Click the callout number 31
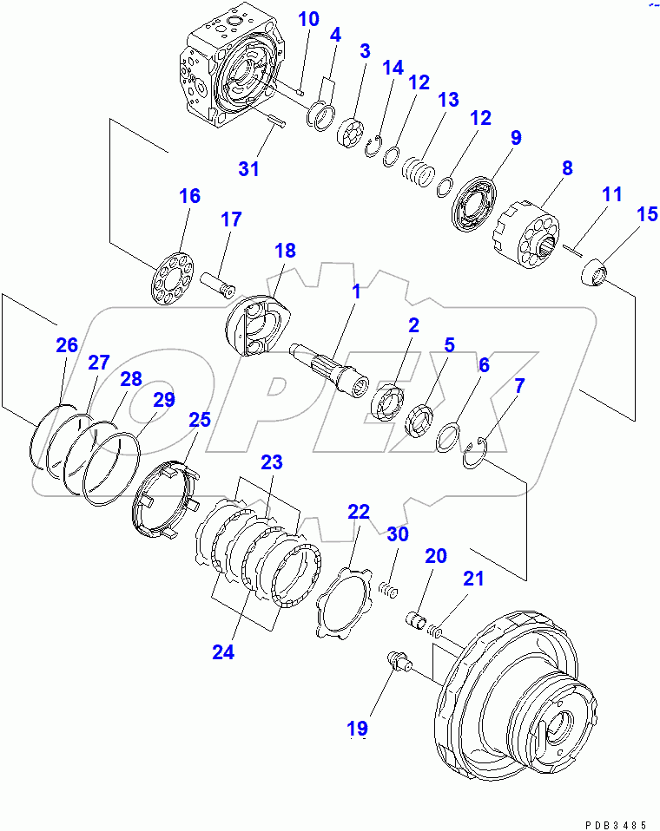(249, 168)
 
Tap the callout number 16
(189, 195)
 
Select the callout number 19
(359, 727)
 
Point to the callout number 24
(223, 652)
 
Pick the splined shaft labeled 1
(334, 368)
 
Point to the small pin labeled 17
(218, 285)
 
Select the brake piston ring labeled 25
(165, 503)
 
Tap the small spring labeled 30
(387, 589)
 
